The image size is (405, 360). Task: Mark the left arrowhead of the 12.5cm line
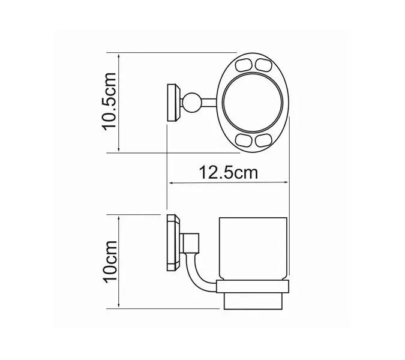point(171,182)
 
